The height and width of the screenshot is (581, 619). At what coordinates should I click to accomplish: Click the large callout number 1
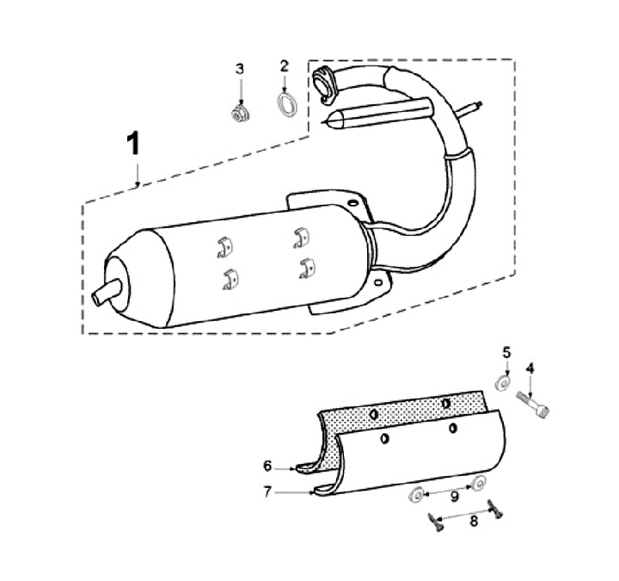[x=133, y=144]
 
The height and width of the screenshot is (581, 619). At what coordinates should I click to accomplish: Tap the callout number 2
[x=285, y=66]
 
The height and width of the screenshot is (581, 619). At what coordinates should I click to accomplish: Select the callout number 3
[x=240, y=69]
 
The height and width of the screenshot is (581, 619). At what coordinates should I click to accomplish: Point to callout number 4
[x=530, y=369]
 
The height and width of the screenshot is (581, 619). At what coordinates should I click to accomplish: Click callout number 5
[x=506, y=352]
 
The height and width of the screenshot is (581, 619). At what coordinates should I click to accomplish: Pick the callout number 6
[x=267, y=466]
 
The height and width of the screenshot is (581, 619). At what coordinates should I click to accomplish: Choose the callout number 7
[x=267, y=492]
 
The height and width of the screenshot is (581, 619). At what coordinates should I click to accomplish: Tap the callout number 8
[x=474, y=522]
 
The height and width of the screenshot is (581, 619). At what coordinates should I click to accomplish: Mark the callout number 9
[x=455, y=497]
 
